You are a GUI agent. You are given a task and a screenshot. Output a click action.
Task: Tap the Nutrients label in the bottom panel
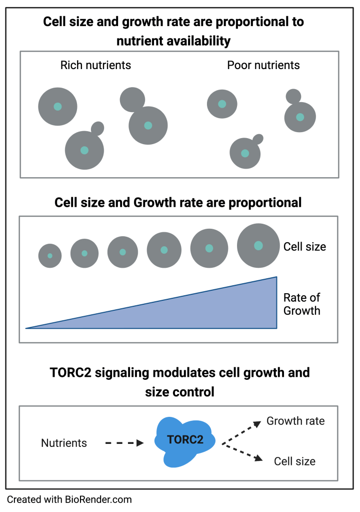point(64,443)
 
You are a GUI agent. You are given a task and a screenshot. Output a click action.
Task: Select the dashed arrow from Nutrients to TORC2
point(123,443)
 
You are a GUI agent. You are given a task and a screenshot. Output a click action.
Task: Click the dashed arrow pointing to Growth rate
point(241,432)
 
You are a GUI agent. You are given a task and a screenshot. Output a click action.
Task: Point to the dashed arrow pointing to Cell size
point(241,452)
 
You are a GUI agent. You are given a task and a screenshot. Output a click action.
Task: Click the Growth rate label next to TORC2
point(295,421)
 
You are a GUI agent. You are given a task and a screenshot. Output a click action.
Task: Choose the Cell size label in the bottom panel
point(294,461)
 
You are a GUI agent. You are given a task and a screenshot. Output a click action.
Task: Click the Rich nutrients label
point(95,65)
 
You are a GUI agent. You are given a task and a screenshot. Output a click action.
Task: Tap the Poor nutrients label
point(263,65)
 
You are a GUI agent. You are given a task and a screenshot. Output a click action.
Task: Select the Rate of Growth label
point(301,304)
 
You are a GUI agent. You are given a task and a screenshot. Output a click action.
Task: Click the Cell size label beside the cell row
point(304,247)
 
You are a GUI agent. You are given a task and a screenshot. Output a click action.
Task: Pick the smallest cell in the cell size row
point(50,256)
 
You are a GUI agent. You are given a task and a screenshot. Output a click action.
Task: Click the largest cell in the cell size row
point(258,246)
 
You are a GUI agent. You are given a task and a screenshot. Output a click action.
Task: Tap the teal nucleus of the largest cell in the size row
point(258,246)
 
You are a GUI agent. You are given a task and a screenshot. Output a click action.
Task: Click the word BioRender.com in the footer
point(98,499)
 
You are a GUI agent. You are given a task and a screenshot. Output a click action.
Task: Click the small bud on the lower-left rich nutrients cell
point(97,128)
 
